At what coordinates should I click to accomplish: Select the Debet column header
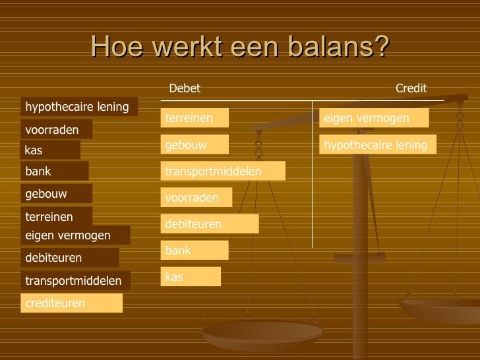tap(185, 88)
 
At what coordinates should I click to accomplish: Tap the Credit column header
tap(411, 88)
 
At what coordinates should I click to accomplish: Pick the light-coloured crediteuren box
tap(72, 303)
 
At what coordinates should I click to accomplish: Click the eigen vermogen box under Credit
tap(374, 118)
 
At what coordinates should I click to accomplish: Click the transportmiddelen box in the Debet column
tap(223, 171)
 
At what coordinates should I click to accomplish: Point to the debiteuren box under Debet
tap(210, 224)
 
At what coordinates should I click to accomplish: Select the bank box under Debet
tap(195, 251)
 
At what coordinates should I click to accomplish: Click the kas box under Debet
tap(191, 277)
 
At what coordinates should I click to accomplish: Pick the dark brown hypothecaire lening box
tap(80, 106)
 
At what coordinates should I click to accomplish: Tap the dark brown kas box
tap(50, 150)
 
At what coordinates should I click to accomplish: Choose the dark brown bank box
tap(55, 171)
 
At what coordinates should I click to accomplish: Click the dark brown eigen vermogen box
tap(76, 235)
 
